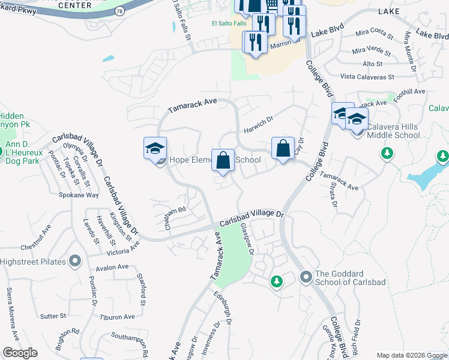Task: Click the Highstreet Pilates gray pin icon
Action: coord(75,261)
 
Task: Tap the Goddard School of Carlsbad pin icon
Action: coord(306,277)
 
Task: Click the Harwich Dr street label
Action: coord(258,124)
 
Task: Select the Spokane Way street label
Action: coord(79,195)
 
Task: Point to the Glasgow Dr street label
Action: coord(248,239)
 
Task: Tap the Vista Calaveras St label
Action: coord(367,77)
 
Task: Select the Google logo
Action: coord(20,353)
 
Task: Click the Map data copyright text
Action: coord(412,355)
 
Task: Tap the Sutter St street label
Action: coord(53,316)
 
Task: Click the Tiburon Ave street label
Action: coord(117,317)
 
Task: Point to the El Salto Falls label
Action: coord(229,23)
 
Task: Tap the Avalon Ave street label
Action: coord(113,267)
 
